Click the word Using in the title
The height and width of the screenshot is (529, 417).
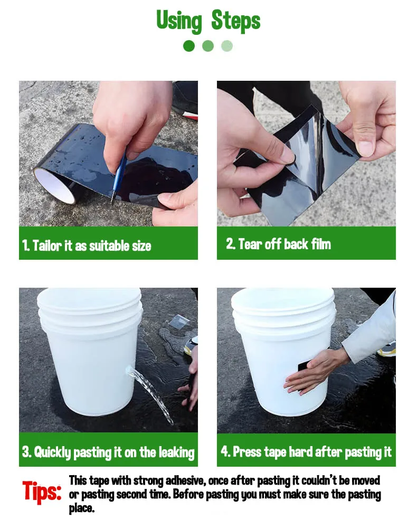179,21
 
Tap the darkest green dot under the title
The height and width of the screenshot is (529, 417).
189,46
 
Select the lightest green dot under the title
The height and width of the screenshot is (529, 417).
227,46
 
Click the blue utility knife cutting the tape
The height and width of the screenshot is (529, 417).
118,177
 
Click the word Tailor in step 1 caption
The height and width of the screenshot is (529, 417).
47,245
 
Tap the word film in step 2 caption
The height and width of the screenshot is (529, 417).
321,243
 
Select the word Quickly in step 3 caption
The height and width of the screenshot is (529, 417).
52,452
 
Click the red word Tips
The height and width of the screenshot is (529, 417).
42,491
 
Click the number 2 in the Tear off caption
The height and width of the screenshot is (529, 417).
230,243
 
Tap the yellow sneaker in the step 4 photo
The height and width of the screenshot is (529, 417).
386,349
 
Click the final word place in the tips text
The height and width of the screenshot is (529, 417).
82,508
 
